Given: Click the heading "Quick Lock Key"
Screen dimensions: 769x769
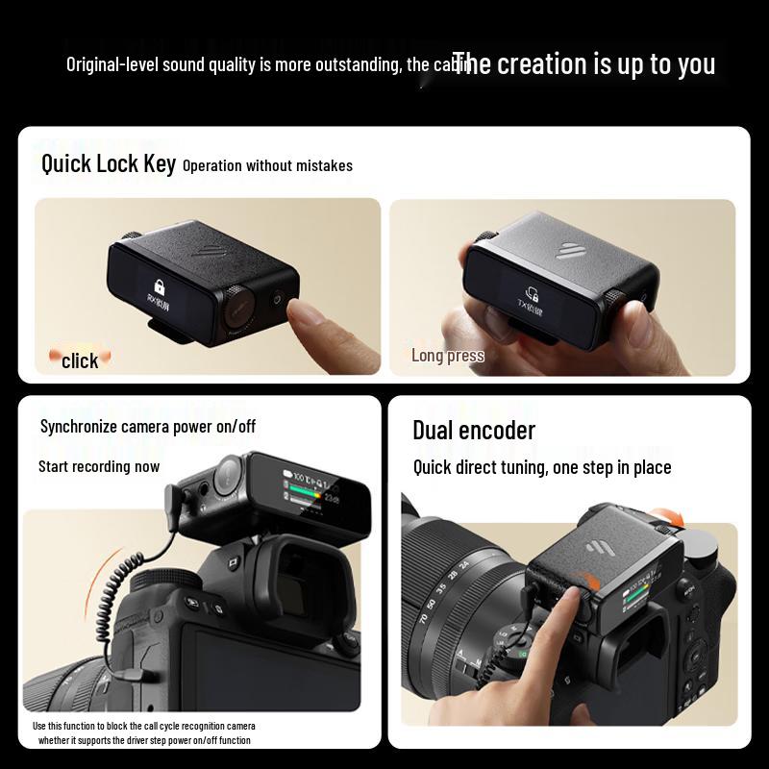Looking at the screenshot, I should [x=108, y=163].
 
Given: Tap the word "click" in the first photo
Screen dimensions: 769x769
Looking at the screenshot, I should [x=80, y=360].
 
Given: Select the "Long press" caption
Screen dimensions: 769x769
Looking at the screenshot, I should [x=447, y=356].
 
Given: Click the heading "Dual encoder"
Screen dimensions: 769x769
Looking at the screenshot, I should [x=474, y=430].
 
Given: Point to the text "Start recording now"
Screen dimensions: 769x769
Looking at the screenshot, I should [x=99, y=466].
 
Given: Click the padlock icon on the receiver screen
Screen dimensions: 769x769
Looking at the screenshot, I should [x=159, y=285].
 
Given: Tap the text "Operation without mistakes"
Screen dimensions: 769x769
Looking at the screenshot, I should [x=267, y=165].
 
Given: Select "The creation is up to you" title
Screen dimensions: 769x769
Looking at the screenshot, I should [x=583, y=64].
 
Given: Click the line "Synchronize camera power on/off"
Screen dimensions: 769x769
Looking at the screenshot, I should [x=148, y=426].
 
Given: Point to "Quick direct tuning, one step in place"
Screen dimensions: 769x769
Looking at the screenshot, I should [x=542, y=468].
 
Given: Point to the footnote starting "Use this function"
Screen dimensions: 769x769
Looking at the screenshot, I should [x=144, y=732].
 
